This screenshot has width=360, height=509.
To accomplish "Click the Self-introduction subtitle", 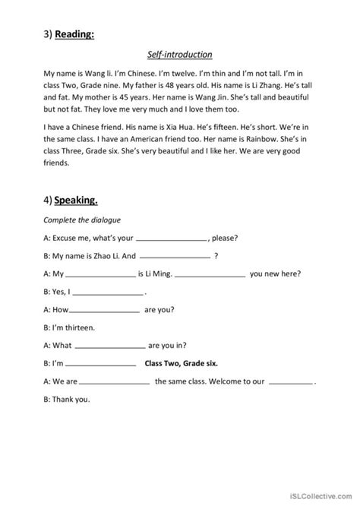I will [180, 55].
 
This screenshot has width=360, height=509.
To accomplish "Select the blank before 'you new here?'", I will [215, 274].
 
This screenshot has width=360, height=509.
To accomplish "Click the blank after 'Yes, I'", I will [110, 292].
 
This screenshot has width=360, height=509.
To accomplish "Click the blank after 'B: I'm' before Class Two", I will [103, 364].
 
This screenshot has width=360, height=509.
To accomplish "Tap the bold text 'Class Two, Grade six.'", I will [182, 363].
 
